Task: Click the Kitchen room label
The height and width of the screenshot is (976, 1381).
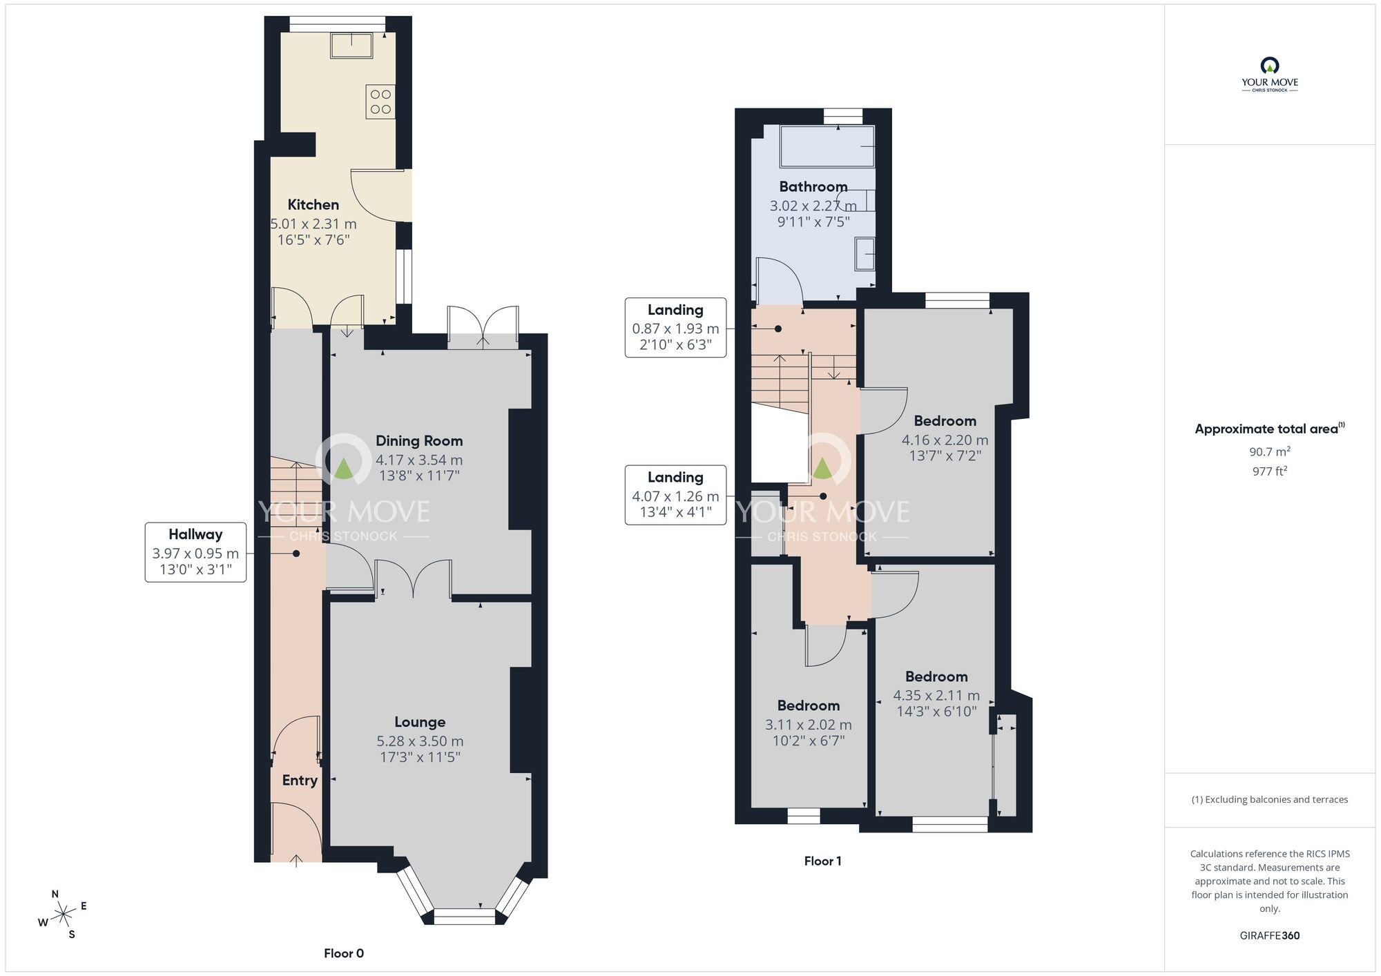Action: [313, 204]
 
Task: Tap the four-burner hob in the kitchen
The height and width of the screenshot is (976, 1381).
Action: [380, 101]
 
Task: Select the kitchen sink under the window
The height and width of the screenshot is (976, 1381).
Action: [351, 46]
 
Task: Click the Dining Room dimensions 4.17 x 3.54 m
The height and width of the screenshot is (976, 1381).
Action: [419, 460]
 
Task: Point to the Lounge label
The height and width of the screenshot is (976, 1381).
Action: [420, 722]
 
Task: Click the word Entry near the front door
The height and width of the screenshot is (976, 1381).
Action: [300, 780]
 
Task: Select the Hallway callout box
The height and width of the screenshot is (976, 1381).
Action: [195, 552]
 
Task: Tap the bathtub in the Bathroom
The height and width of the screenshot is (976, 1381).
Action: [827, 146]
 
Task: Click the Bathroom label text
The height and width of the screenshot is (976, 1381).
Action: [813, 186]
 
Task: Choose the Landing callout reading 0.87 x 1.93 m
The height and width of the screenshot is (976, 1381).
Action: [675, 328]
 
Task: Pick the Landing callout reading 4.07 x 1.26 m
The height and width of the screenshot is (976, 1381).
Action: [675, 495]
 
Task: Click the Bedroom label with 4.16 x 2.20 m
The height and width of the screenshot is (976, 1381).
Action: [945, 421]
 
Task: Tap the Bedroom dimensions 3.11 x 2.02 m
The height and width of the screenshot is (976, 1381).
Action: [808, 725]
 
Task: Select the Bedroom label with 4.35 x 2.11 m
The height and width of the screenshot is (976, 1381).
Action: [936, 676]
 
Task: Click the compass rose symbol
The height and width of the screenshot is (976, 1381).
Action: [64, 915]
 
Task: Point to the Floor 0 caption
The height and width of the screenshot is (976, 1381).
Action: [344, 953]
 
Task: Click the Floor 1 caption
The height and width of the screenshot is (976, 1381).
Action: [822, 861]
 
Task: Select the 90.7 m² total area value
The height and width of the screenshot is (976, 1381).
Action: [1269, 451]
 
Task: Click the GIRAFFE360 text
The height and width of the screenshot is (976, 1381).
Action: [1269, 936]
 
